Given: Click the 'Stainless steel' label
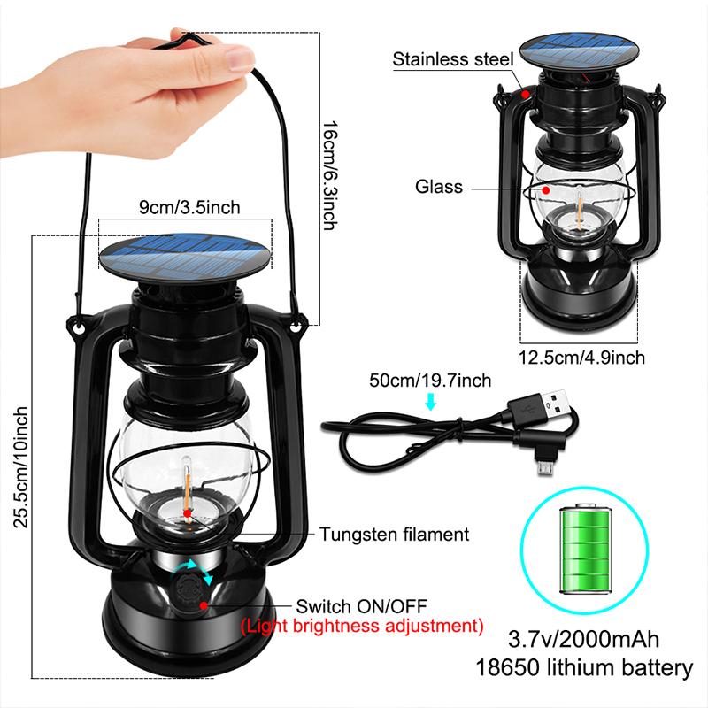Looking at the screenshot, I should click(x=453, y=60).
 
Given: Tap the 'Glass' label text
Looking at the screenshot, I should click(x=440, y=187).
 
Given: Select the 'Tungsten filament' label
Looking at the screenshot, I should click(x=394, y=535).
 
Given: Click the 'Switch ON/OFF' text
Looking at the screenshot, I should click(x=361, y=606).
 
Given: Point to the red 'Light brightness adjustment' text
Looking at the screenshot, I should click(x=362, y=627).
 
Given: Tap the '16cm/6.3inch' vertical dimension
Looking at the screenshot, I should click(x=328, y=174).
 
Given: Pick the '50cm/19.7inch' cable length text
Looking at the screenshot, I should click(x=431, y=381).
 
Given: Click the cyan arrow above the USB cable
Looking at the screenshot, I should click(x=431, y=403).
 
